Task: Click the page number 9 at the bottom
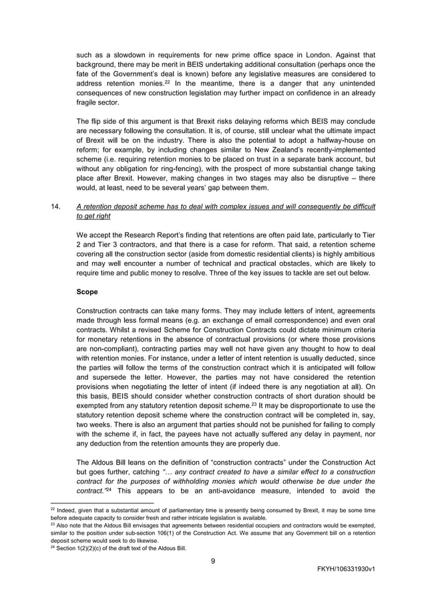pyautogui.click(x=212, y=561)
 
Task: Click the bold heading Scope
pyautogui.click(x=87, y=292)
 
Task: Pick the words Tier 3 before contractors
pyautogui.click(x=89, y=254)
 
